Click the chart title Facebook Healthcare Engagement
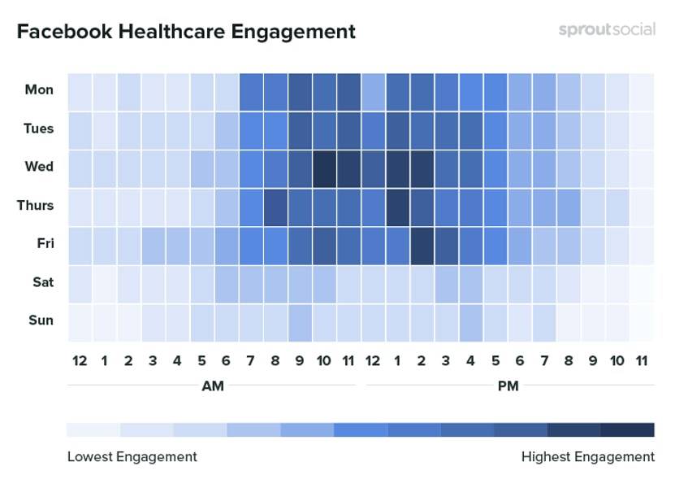(x=186, y=32)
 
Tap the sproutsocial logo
(x=606, y=30)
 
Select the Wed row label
(x=39, y=167)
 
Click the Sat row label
(x=41, y=282)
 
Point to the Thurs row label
(x=36, y=205)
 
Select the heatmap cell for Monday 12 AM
(x=80, y=90)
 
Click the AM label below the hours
(x=212, y=386)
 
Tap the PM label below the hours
(x=508, y=386)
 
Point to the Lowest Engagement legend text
(x=132, y=456)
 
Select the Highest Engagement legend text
(x=587, y=456)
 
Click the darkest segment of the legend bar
(x=627, y=429)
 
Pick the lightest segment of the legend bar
(x=93, y=429)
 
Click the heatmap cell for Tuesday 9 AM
(x=300, y=129)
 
